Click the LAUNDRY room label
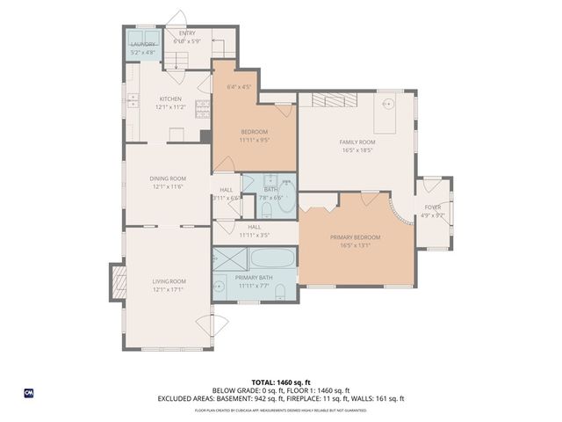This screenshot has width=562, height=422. (143, 44)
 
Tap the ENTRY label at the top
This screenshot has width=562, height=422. (187, 33)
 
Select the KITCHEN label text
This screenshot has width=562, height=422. (170, 99)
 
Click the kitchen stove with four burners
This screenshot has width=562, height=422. (202, 107)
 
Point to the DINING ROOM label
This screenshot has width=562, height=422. (167, 178)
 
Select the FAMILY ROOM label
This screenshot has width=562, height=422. (357, 142)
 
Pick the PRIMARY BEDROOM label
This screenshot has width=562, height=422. (356, 237)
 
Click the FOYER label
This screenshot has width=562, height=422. (433, 207)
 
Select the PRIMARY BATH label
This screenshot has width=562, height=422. (254, 278)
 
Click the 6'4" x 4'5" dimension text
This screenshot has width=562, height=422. (238, 87)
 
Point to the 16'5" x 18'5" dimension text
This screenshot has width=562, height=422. (357, 150)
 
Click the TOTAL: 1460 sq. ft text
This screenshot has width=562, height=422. (280, 382)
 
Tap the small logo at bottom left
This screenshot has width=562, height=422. (29, 392)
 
